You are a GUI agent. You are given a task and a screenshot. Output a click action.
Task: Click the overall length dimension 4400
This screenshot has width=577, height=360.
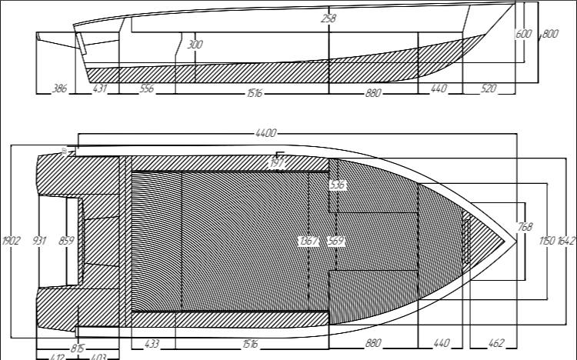coord(265,134)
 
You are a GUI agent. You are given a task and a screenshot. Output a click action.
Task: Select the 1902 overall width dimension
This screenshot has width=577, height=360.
coord(12,241)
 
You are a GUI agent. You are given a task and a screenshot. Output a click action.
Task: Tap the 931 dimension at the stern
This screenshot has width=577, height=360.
coord(40,241)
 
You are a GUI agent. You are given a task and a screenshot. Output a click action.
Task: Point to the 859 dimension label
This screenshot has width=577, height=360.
coord(66,241)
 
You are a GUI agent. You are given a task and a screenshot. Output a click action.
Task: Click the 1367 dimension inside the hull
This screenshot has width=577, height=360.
coord(309,241)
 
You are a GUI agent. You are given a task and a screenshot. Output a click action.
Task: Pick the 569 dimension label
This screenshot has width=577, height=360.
coord(335,241)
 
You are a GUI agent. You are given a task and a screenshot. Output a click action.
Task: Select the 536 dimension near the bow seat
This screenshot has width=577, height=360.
coord(337,185)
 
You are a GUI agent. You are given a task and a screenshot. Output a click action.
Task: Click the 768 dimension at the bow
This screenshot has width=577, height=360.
coord(525,227)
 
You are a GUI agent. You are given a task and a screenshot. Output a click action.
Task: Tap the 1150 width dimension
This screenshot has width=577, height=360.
coord(547,241)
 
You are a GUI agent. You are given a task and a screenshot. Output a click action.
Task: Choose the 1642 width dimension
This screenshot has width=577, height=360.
coord(566,241)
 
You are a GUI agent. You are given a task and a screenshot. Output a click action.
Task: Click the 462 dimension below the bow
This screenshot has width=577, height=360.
coord(496,343)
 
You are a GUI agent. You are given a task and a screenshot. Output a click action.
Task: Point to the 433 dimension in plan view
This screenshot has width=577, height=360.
coord(151,343)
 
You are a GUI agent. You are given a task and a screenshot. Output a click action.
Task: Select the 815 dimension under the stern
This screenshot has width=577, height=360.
coord(78,348)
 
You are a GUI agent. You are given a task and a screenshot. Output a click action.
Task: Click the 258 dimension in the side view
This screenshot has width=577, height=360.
coord(329,18)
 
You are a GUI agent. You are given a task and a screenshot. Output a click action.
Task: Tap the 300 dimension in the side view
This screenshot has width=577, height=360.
coord(195,45)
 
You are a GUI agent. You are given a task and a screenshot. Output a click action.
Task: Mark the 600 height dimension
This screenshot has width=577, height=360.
coord(523,34)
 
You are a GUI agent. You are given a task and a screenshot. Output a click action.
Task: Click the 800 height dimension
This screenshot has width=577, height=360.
coord(550,34)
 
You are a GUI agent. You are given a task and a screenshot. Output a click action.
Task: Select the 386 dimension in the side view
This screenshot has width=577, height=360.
coord(58,89)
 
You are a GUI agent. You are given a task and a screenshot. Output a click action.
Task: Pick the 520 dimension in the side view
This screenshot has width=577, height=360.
coord(489,89)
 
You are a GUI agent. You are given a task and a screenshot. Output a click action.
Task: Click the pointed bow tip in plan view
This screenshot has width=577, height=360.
coord(514,241)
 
